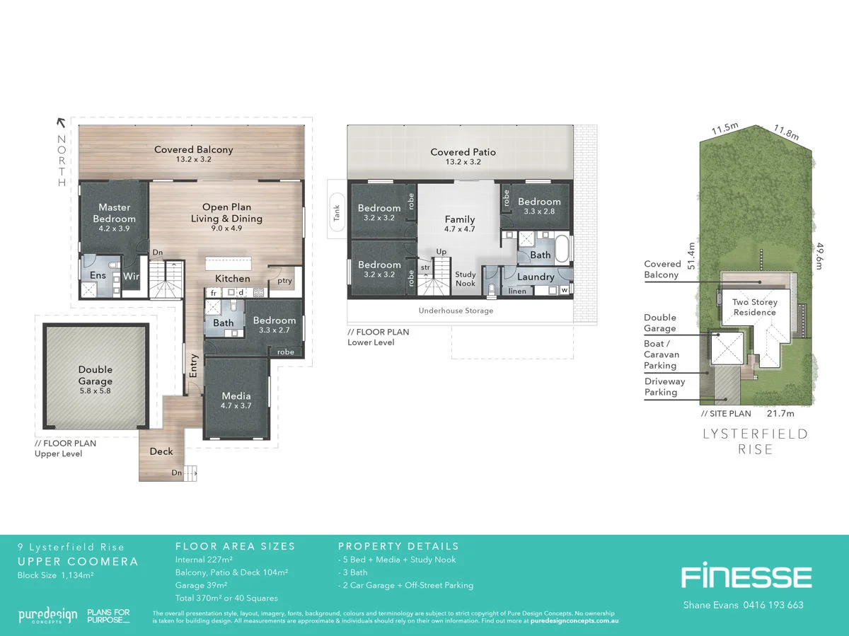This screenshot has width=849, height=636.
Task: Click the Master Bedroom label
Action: point(115,213)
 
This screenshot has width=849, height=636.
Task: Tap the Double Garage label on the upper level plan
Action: point(96,375)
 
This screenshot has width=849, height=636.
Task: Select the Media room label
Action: point(236,396)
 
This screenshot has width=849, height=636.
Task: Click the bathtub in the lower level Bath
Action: point(562,250)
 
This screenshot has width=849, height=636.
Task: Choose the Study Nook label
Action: point(465,279)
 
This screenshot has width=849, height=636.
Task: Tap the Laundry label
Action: point(536,277)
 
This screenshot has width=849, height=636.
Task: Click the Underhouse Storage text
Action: point(456,311)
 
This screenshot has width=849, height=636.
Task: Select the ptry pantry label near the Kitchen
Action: point(284,281)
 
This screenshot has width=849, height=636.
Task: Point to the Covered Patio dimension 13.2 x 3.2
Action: point(463,163)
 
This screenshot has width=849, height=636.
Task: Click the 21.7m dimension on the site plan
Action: point(781,413)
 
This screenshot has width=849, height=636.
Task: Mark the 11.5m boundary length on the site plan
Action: point(724,129)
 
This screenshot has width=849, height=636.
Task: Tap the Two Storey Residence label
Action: point(754,307)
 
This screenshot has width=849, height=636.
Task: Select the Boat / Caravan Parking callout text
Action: point(660,354)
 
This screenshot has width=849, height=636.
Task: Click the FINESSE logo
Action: point(746,577)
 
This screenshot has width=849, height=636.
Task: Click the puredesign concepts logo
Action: point(47,615)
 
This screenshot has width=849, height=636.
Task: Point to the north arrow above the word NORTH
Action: point(61,122)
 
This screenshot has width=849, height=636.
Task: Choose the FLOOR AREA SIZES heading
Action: point(235,546)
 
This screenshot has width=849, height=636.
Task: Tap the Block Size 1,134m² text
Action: point(55,575)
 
